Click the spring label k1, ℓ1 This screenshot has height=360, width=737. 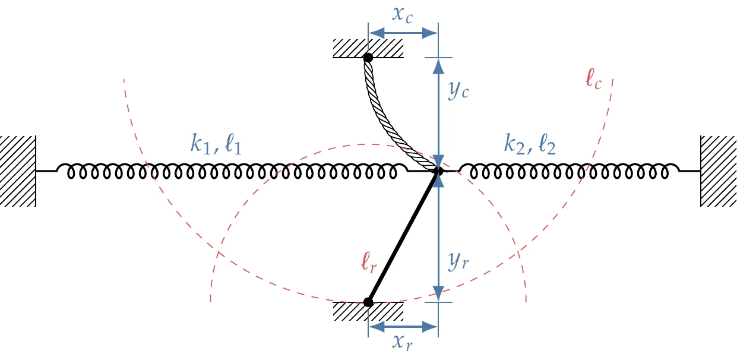pos(216,144)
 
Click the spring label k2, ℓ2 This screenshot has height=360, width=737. pos(530,144)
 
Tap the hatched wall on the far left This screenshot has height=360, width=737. pos(18,171)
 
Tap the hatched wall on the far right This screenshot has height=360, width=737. pos(718,171)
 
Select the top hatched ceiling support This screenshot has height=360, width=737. pos(368,48)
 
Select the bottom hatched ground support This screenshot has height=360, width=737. pos(368,311)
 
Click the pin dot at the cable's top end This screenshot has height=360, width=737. pos(368,58)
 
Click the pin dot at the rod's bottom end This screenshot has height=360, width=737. pos(368,302)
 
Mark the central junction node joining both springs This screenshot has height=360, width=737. pos(438,171)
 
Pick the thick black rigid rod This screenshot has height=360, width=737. pos(403,236)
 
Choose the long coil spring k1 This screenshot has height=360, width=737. pos(232,172)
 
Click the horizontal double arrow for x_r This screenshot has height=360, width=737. pos(403,326)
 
